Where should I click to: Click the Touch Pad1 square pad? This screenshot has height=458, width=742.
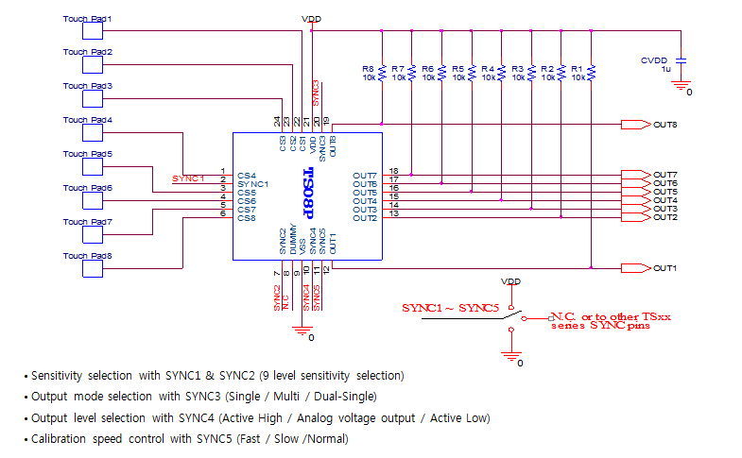click(93, 30)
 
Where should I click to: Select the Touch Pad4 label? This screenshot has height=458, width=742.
click(87, 120)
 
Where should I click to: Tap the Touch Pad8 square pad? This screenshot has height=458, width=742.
click(93, 268)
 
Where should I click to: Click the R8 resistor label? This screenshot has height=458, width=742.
click(368, 69)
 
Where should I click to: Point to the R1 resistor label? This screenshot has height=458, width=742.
click(577, 69)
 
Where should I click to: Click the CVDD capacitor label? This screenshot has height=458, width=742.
click(654, 59)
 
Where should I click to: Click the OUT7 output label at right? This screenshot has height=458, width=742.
click(665, 175)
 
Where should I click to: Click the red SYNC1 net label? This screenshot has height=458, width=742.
click(188, 178)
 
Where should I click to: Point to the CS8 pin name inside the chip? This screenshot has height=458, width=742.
click(247, 218)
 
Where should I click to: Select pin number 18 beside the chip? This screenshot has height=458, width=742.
click(393, 170)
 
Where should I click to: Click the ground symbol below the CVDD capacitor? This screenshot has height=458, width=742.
click(680, 85)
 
